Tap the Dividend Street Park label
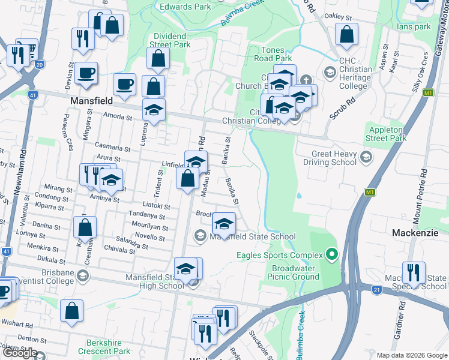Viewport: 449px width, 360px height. [169, 40]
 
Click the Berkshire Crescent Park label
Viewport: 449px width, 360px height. [103, 347]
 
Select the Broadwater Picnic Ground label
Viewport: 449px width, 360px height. [295, 272]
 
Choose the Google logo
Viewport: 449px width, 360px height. [20, 353]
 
